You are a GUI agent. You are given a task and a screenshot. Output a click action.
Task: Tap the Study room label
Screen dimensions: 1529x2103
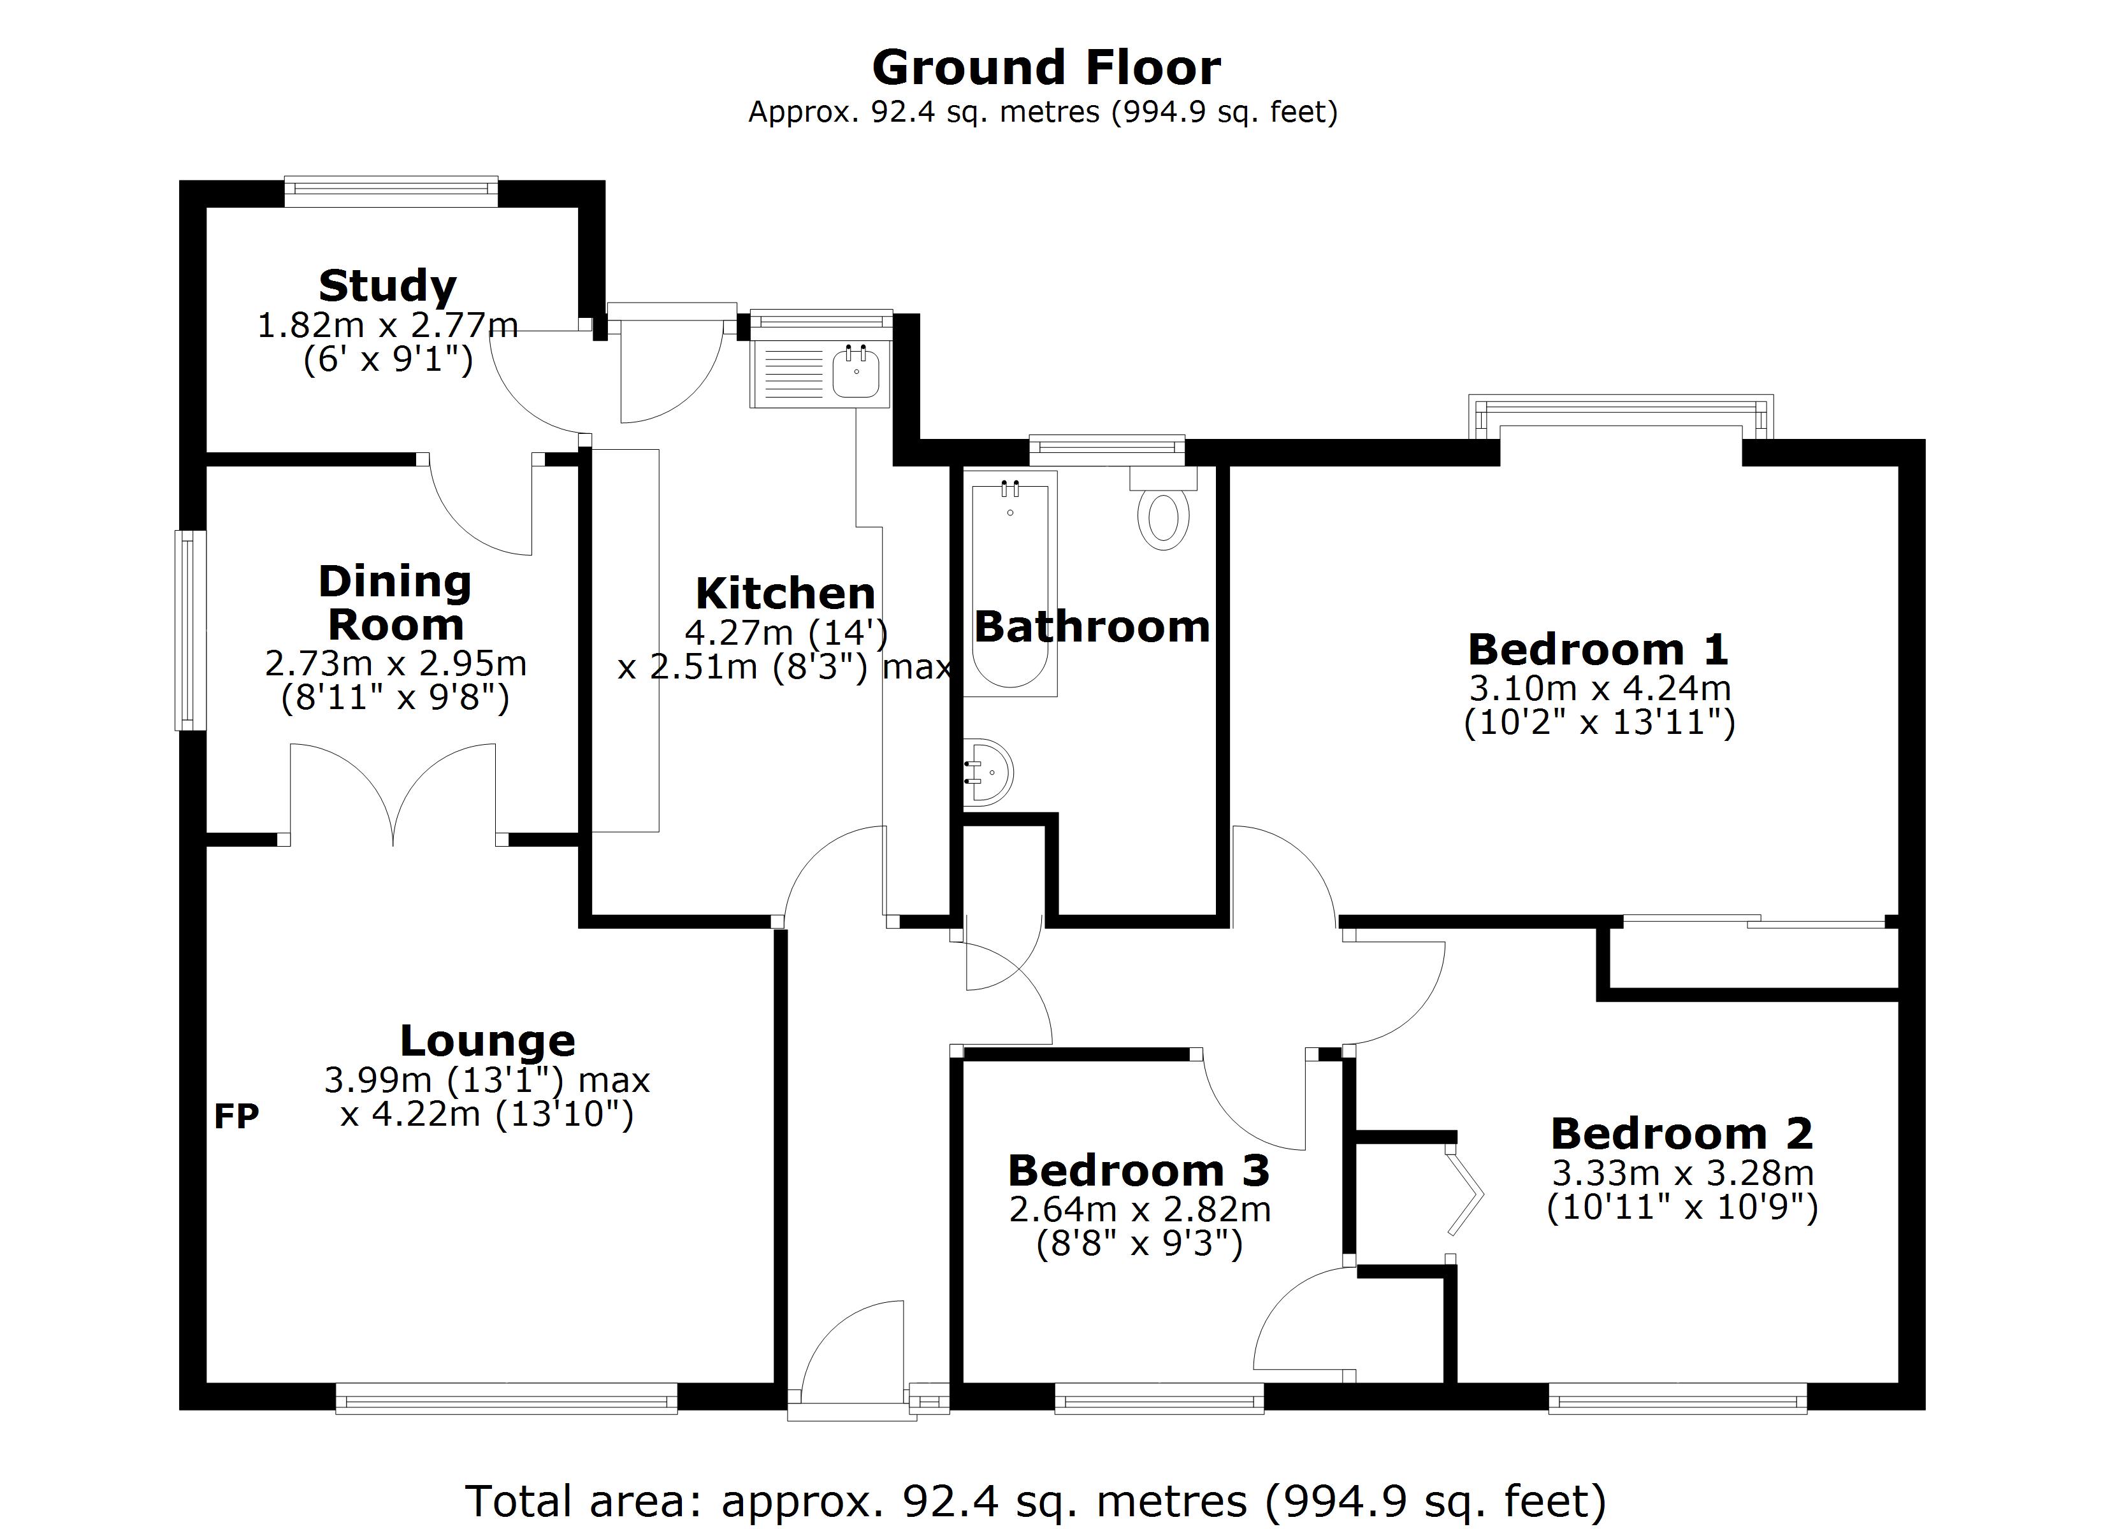(x=387, y=285)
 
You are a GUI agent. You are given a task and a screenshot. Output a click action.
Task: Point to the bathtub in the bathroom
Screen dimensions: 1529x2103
(x=1010, y=584)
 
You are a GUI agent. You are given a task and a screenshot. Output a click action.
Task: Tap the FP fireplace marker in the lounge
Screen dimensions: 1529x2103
(x=236, y=1116)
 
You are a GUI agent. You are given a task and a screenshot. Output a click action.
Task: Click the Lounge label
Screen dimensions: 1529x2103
(x=488, y=1040)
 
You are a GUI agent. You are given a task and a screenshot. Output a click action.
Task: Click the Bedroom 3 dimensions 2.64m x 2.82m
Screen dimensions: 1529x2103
(x=1139, y=1209)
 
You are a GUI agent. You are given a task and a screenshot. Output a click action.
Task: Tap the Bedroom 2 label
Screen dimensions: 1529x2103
(x=1681, y=1133)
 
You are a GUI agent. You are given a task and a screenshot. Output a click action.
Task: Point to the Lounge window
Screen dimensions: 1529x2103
(x=506, y=1398)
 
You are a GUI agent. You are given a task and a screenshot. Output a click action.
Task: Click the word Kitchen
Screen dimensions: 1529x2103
(x=784, y=593)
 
